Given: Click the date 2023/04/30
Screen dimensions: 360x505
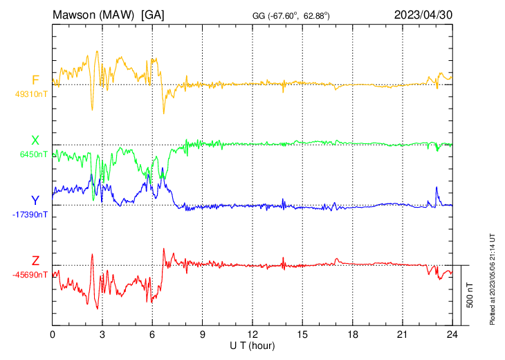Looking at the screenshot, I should click(x=424, y=15).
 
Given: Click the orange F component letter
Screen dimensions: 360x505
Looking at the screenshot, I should click(x=35, y=80).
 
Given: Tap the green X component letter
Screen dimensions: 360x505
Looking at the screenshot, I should click(x=35, y=141).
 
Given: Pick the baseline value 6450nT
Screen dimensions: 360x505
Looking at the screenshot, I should click(x=33, y=154).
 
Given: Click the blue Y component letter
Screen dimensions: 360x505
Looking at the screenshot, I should click(x=35, y=201).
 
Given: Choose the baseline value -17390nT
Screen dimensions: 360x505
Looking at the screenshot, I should click(x=30, y=215).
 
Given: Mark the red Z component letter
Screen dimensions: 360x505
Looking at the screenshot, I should click(x=35, y=261).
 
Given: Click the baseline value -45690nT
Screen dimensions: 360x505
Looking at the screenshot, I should click(x=30, y=274).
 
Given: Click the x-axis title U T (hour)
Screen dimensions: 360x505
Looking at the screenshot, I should click(x=252, y=345).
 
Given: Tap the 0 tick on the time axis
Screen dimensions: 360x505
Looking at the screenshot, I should click(x=53, y=334).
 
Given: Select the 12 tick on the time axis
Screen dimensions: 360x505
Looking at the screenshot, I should click(x=252, y=334).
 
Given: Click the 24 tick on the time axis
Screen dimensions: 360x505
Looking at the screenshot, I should click(x=452, y=334).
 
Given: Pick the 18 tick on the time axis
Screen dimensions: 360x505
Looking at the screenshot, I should click(x=352, y=334).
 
